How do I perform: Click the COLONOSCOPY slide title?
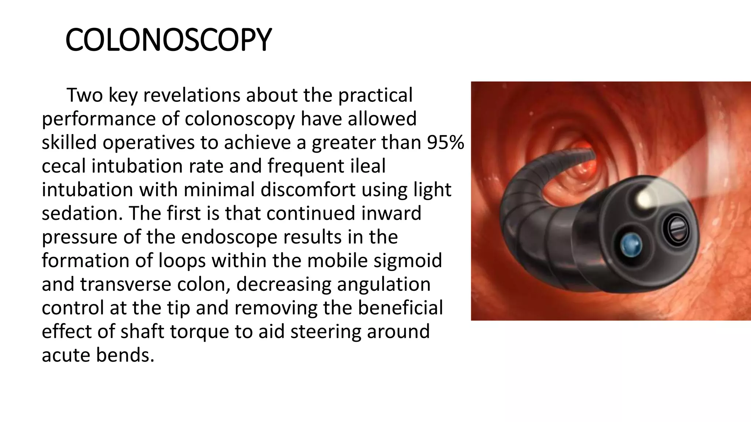tap(168, 40)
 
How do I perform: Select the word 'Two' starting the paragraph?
tap(84, 95)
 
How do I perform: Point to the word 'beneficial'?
tap(400, 308)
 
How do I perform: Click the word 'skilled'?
tap(69, 142)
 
